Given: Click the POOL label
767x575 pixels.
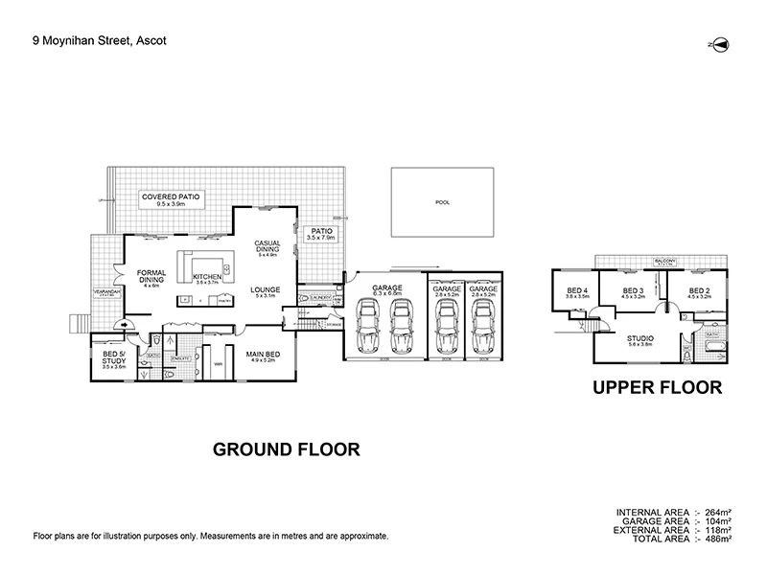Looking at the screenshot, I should click(442, 203).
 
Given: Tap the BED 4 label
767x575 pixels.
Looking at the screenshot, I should click(576, 293).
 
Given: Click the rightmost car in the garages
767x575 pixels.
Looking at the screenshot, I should click(480, 327).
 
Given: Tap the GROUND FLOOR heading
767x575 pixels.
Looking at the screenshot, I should click(285, 448).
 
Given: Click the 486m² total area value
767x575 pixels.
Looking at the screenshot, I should click(718, 540).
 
